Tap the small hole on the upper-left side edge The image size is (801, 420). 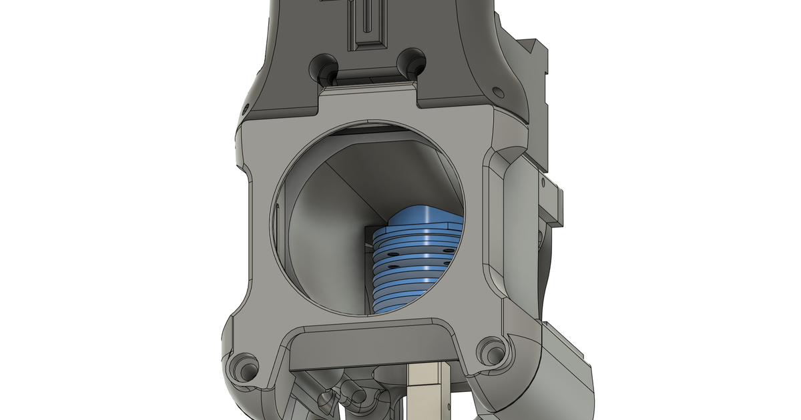point(244,107)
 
